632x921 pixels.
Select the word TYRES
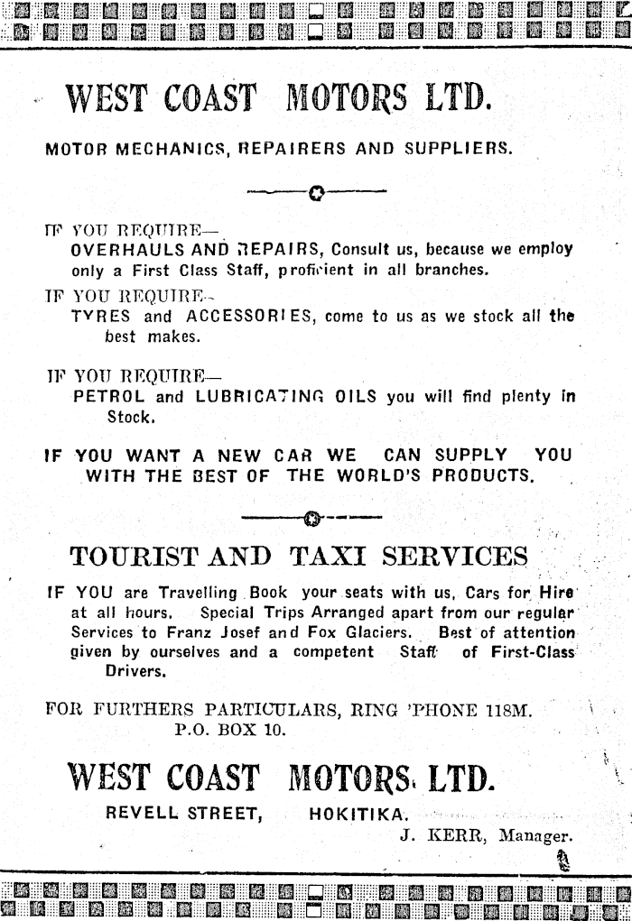[100, 317]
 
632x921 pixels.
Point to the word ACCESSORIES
[251, 317]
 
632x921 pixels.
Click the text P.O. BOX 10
[228, 730]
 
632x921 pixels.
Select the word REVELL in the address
[143, 813]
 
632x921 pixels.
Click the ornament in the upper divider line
[315, 192]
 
